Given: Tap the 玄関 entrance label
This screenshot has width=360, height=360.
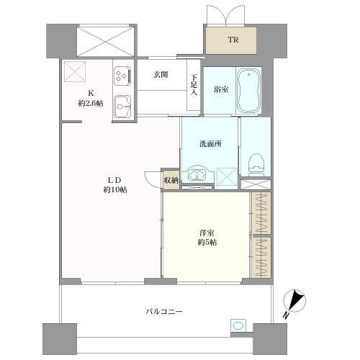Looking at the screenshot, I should [162, 74].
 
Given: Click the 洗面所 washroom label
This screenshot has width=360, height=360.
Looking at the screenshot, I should [210, 143].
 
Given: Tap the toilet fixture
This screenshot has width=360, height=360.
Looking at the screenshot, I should [253, 161].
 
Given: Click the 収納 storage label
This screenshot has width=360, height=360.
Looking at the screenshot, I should [171, 180].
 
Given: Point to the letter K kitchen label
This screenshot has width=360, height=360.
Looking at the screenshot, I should [91, 93].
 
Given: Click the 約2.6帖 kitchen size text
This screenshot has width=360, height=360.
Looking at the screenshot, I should [91, 103].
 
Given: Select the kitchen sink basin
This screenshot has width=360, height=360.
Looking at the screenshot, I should [121, 104].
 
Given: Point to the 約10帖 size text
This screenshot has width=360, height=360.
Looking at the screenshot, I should [114, 190].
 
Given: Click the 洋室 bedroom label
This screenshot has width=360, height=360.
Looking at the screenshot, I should [207, 233].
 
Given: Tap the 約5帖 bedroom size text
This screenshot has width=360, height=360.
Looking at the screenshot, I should [207, 243].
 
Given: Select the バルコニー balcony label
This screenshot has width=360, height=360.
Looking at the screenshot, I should [163, 312].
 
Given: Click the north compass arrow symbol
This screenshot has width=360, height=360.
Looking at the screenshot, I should [294, 302].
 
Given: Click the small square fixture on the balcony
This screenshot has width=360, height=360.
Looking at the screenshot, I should [237, 325].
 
